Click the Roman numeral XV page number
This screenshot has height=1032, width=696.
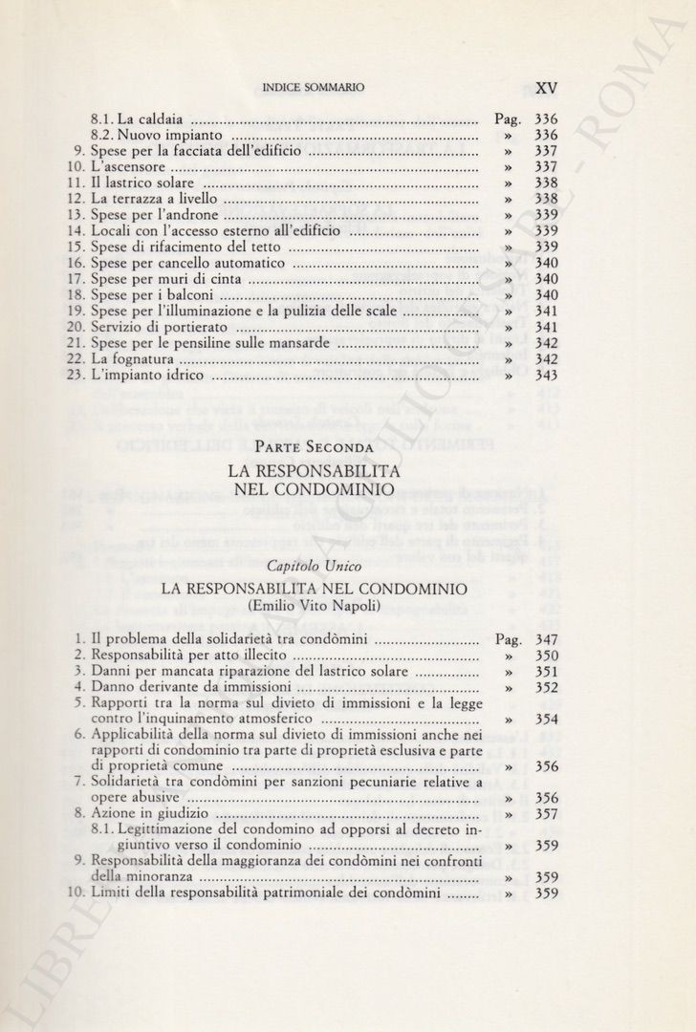coord(547,87)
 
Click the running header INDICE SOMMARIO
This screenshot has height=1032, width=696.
coord(313,88)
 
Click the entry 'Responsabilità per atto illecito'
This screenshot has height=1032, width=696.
coord(188,656)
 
